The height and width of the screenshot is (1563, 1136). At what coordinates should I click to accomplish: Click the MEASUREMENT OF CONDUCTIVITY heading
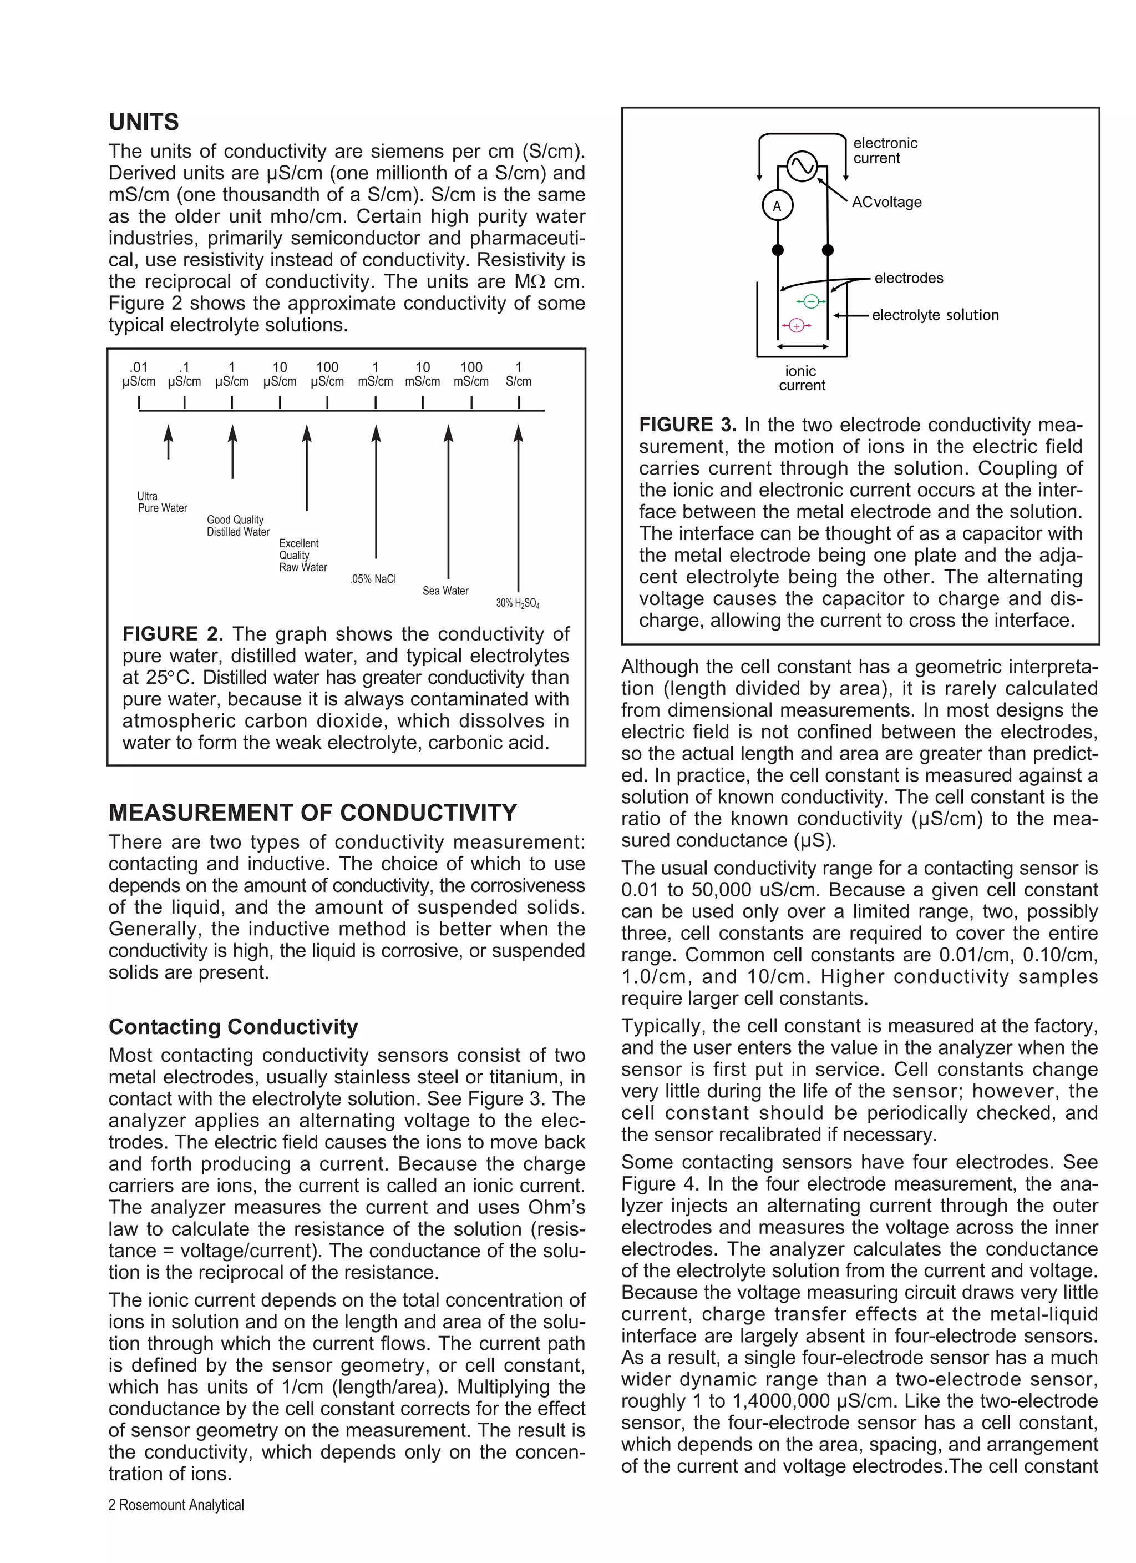(x=312, y=813)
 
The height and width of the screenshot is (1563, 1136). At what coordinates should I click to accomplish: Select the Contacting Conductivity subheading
(x=233, y=1026)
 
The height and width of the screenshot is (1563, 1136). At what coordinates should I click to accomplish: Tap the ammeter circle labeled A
(x=777, y=206)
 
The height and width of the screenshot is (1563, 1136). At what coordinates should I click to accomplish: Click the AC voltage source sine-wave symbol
(x=802, y=166)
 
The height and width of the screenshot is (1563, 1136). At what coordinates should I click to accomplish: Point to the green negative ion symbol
(x=811, y=301)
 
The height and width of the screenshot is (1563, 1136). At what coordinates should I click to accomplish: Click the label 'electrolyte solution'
(x=935, y=315)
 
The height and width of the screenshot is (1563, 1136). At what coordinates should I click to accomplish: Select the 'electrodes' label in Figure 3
(x=909, y=278)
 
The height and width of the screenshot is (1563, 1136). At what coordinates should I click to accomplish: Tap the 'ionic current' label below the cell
(x=801, y=377)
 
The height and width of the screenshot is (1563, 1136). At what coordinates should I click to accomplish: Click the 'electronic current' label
(x=885, y=150)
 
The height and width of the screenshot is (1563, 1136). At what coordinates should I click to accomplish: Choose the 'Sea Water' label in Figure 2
(x=445, y=591)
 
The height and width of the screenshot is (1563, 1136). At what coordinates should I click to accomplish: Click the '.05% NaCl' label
(x=373, y=579)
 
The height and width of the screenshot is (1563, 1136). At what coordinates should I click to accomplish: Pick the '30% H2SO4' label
(x=518, y=603)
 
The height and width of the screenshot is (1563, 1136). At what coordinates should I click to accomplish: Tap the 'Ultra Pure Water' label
(x=162, y=502)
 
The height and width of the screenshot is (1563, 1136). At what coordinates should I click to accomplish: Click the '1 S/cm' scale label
(x=518, y=374)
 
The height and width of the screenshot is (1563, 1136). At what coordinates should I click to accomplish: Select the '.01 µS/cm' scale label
(x=139, y=374)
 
